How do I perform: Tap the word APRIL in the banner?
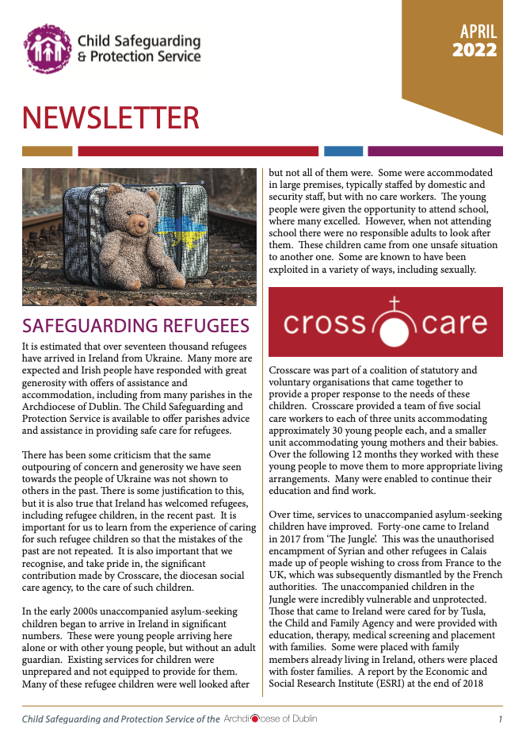(478, 32)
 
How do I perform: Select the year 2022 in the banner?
(475, 51)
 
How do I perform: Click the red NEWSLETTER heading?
(110, 118)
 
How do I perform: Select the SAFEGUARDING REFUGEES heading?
(136, 327)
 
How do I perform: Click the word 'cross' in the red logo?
(324, 324)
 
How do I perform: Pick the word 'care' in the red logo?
(454, 324)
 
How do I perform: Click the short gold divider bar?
(48, 151)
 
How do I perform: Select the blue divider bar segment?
(343, 151)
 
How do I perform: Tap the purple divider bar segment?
(435, 151)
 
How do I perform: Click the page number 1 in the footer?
(500, 719)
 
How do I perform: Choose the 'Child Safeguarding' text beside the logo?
(139, 40)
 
